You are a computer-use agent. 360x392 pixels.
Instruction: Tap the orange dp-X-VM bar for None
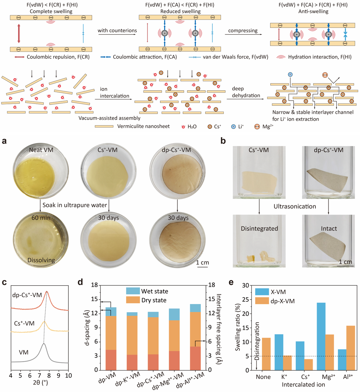click(x=266, y=354)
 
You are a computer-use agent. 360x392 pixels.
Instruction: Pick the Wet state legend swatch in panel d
click(x=133, y=291)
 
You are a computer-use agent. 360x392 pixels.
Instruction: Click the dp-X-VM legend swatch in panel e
click(x=262, y=301)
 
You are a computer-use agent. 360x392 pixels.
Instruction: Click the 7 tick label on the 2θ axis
click(x=39, y=376)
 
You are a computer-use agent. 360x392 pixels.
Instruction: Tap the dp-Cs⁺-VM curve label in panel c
click(x=27, y=295)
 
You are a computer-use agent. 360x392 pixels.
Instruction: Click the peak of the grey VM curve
click(x=44, y=343)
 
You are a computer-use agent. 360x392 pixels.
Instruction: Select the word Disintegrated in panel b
click(x=259, y=228)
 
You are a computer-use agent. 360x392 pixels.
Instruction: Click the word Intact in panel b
click(x=329, y=228)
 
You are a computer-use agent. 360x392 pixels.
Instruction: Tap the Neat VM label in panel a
click(x=41, y=150)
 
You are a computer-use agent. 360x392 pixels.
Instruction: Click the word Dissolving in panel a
click(x=41, y=260)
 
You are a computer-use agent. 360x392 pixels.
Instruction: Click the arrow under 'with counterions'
click(x=117, y=35)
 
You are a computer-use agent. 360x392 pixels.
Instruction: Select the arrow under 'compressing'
click(x=243, y=35)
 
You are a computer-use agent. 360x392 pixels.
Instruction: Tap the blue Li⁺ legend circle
click(x=233, y=127)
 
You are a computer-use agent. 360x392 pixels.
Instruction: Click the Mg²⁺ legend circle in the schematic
click(x=257, y=127)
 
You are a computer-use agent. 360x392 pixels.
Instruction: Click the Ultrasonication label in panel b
click(x=295, y=206)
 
